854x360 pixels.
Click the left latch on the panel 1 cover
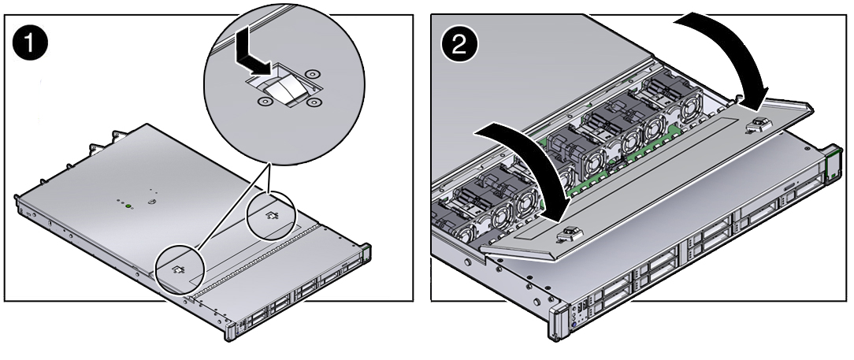click(x=177, y=269)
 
